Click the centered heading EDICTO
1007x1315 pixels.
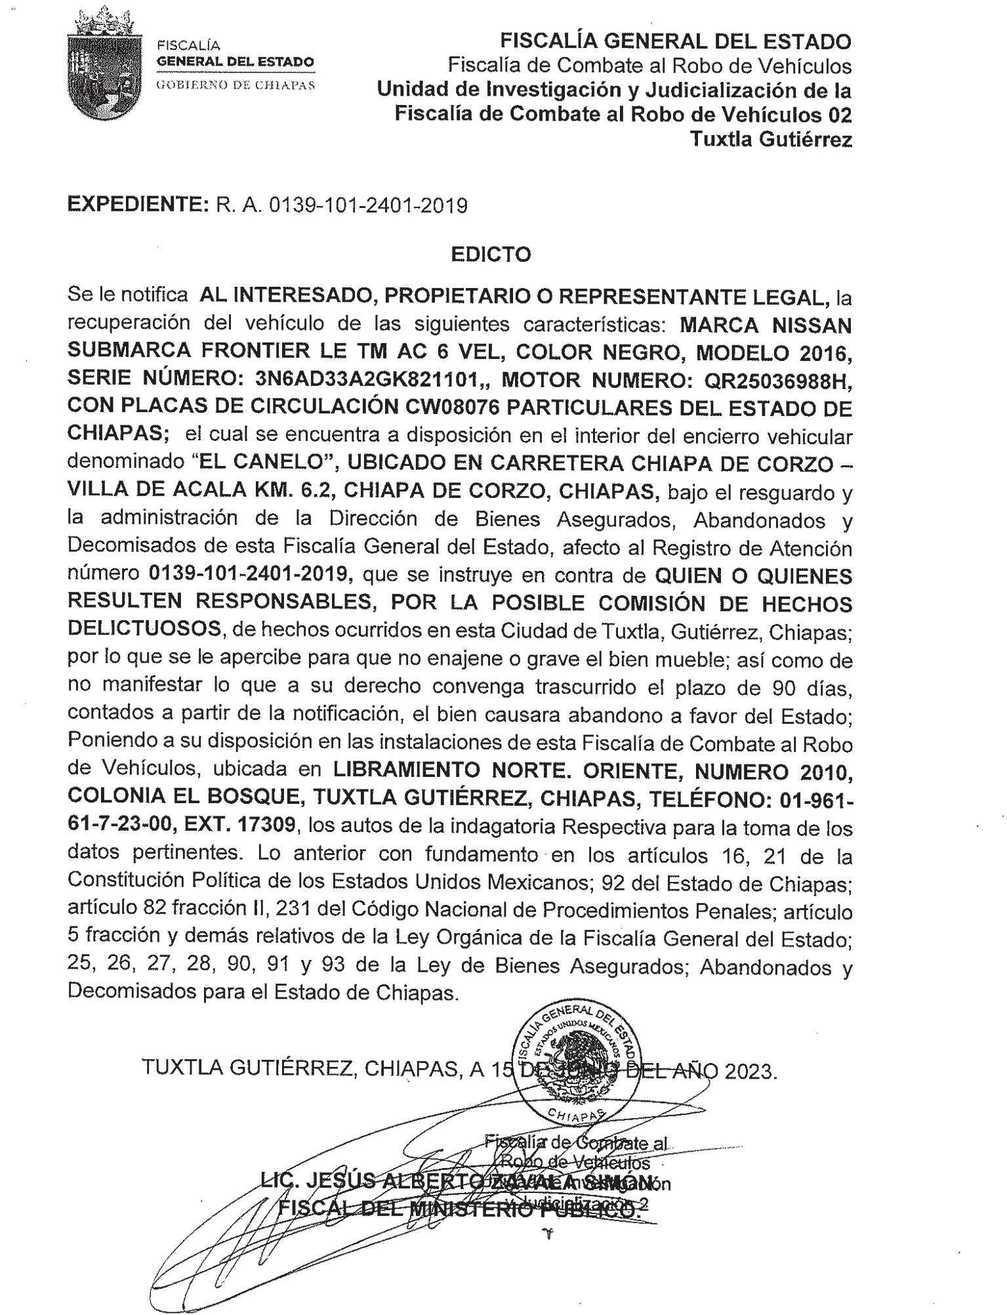pyautogui.click(x=491, y=254)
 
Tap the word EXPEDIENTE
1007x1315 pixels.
pyautogui.click(x=138, y=205)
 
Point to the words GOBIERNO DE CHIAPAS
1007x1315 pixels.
pyautogui.click(x=235, y=85)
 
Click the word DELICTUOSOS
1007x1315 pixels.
pyautogui.click(x=144, y=629)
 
